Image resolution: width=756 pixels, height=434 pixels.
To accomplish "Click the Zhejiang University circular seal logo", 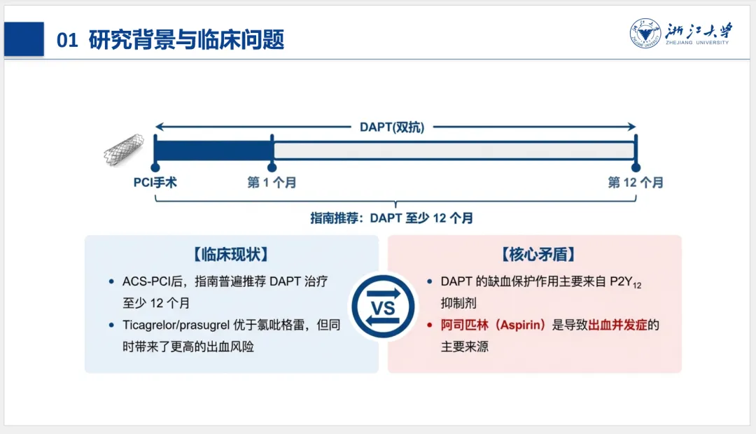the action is click(x=645, y=33).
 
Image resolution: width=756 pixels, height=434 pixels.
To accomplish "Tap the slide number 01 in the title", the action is click(x=67, y=41).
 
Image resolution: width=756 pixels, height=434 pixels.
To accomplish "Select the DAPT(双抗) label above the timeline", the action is click(x=392, y=127).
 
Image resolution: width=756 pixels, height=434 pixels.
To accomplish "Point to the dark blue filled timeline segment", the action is click(x=213, y=150).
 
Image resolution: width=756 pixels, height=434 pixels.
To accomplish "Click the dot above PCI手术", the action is click(x=155, y=168).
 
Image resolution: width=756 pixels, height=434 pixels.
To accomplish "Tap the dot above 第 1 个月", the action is click(x=272, y=168).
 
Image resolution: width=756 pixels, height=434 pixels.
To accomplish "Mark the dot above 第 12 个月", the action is click(x=636, y=168).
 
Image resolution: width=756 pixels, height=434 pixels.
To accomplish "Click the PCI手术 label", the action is click(x=155, y=183).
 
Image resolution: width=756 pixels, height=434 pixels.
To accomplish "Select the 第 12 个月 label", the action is click(x=636, y=183).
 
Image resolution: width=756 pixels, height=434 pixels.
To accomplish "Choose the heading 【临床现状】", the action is click(x=231, y=254).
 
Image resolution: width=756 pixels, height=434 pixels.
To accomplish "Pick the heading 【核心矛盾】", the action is click(x=534, y=254).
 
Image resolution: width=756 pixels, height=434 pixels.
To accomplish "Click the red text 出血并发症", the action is click(x=617, y=325).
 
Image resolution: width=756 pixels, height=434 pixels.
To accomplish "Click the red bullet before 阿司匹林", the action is click(x=430, y=325).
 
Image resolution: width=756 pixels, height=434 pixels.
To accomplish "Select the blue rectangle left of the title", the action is click(x=24, y=39).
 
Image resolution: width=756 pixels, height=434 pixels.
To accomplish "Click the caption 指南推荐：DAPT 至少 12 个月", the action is click(x=392, y=218).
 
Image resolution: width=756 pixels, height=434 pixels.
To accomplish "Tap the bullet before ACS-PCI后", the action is click(x=111, y=282).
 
